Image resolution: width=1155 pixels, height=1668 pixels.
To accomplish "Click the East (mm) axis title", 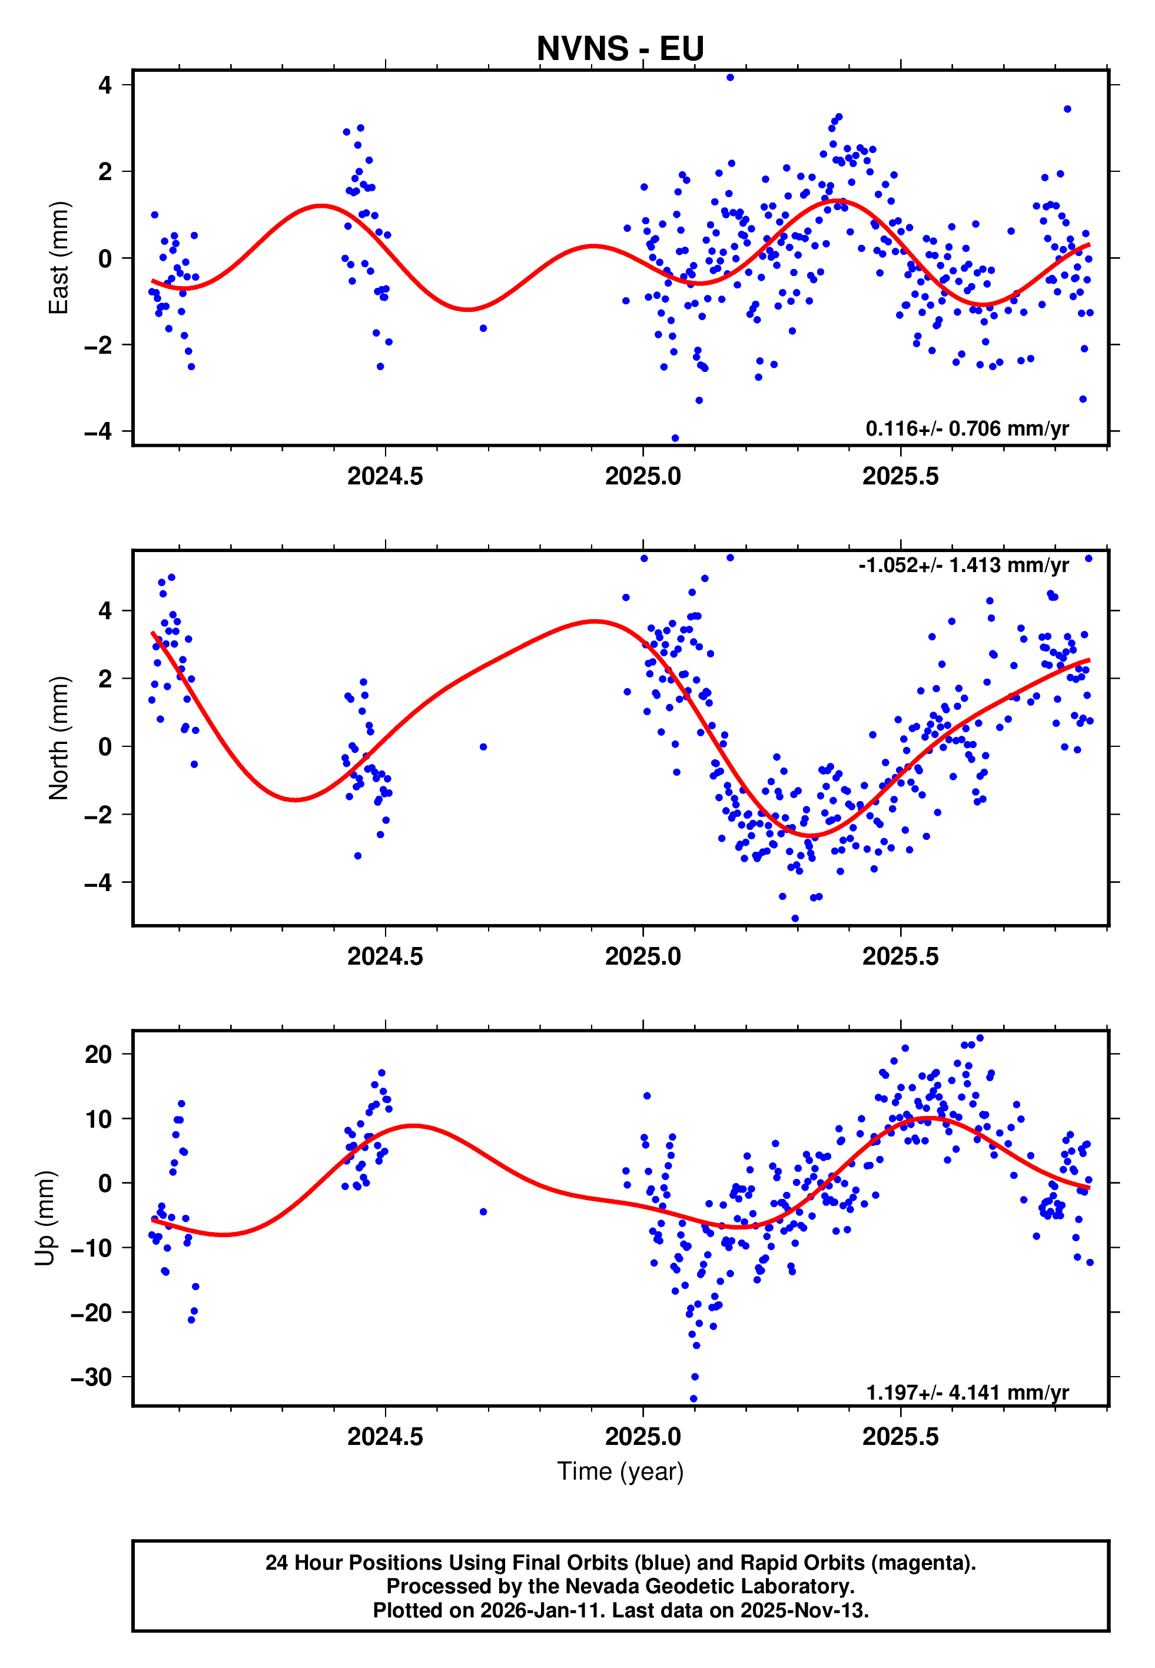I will [x=59, y=258].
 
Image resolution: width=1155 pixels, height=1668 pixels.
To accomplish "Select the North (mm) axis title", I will [x=59, y=738].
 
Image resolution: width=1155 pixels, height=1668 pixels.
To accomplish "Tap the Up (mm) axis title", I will [x=45, y=1218].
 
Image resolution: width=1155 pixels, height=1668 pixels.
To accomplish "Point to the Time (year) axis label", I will [x=620, y=1472].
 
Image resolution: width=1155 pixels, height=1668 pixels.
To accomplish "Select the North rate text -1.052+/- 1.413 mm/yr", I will [x=963, y=565].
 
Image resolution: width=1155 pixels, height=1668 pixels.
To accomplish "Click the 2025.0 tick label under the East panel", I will [x=643, y=477].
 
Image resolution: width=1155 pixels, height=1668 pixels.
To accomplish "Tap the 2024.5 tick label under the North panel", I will [x=385, y=956].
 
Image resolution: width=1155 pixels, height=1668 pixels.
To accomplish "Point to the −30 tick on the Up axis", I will [x=91, y=1377].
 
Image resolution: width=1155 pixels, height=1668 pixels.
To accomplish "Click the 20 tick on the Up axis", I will [x=98, y=1055].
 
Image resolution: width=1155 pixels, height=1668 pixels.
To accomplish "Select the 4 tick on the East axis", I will [x=105, y=85].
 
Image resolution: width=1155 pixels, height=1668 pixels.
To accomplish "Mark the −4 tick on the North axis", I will [x=98, y=882].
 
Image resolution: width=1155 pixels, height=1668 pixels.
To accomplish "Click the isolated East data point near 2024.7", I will [x=483, y=328].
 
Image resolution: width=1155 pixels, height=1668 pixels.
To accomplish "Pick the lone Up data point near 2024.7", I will [x=483, y=1212].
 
